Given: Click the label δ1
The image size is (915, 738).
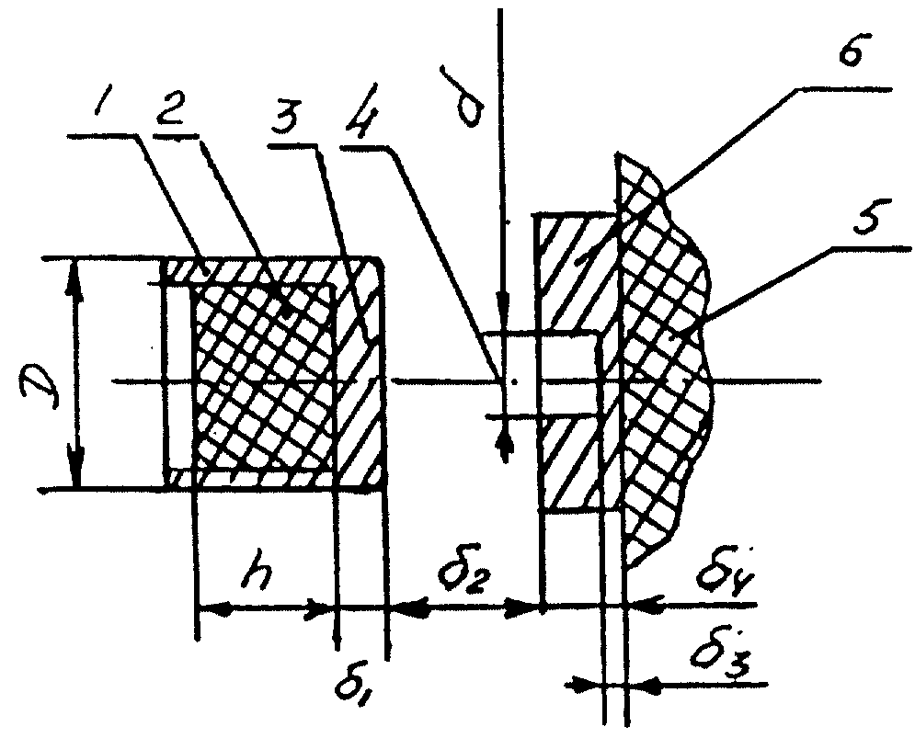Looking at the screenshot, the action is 352,686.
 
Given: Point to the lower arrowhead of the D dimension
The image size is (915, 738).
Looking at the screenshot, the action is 75,466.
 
